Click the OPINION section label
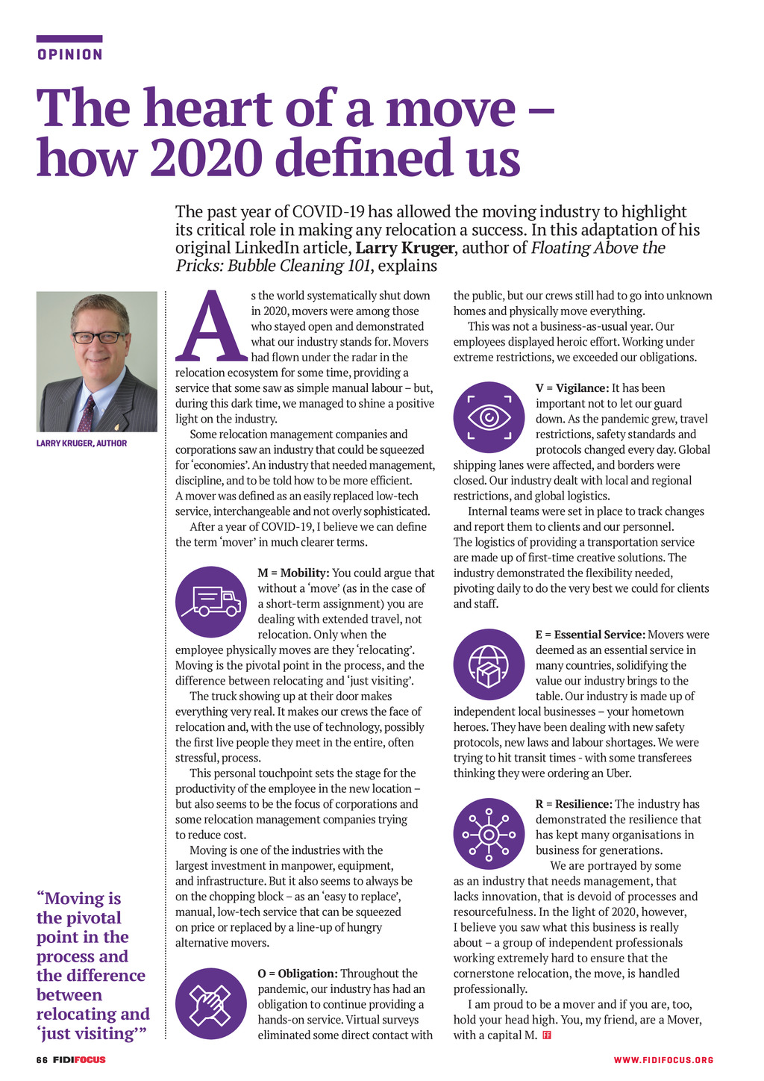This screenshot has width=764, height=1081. point(69,54)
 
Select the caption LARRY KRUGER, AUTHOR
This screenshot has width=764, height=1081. point(81,443)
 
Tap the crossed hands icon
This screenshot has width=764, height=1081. point(211,1003)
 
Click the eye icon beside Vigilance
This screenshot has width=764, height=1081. point(489,417)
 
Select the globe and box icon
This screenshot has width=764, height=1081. point(489,664)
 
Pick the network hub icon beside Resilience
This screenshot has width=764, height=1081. point(489,834)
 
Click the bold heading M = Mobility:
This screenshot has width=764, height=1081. point(293,573)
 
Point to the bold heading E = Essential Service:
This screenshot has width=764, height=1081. point(590,635)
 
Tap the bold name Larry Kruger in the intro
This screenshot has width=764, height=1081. point(404,248)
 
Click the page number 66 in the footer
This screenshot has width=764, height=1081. point(42,1060)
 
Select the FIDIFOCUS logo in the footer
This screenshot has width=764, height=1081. point(79,1060)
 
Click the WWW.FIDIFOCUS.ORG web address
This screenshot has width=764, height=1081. point(663,1060)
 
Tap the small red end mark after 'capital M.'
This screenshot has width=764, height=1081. point(547,1035)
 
